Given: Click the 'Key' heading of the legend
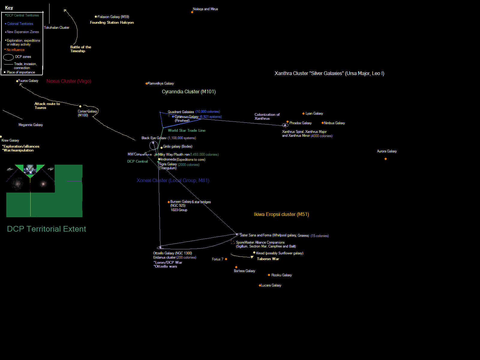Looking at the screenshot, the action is pos(9,8).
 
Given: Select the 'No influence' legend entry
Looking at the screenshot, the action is pos(16,50).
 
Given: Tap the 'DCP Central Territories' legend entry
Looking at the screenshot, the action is pos(23,15).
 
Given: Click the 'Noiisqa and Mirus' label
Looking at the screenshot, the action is pos(205,9).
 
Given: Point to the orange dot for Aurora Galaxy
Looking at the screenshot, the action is pos(385,159).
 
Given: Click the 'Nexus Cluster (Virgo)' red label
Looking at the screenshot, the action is pos(69,81).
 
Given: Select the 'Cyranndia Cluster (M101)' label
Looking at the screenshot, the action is pos(189,91).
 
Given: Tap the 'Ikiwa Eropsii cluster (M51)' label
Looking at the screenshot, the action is pos(281,214).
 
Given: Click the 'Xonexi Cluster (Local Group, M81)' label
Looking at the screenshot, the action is pos(173,180).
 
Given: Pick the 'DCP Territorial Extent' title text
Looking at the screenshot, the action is pos(46,229).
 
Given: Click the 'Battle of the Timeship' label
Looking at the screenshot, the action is pos(80,49).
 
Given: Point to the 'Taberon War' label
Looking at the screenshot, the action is pos(268,259).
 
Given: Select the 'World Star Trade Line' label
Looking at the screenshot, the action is pos(187,130).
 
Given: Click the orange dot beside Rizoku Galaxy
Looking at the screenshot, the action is pos(269,275).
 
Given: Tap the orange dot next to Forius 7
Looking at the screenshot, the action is pos(226,259).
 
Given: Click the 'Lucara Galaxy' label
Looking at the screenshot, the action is pos(271,285).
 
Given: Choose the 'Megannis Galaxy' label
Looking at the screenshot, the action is pos(31,125).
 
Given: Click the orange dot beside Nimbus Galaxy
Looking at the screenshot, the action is pos(322,123).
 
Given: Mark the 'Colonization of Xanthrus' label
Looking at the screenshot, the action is pos(267,116).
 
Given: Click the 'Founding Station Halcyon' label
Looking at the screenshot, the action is pos(112,22).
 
